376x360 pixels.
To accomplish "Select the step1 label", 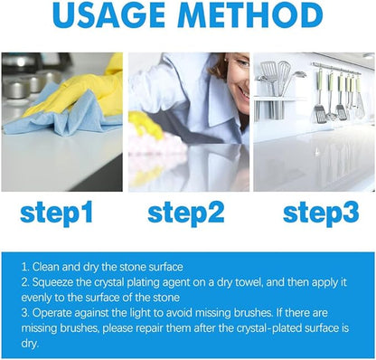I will click(57, 213).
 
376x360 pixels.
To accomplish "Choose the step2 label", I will click(185, 213).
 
